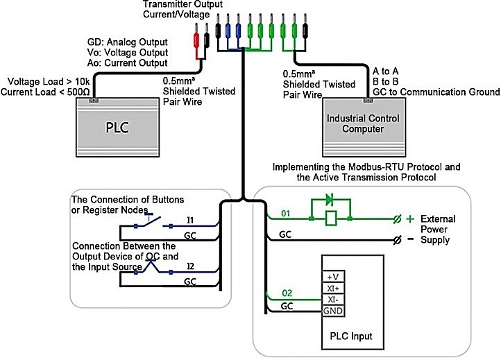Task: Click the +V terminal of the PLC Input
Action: tap(331, 277)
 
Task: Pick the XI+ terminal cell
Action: tap(331, 288)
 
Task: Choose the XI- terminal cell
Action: tap(331, 299)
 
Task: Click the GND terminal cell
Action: tap(331, 310)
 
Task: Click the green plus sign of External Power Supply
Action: tap(409, 218)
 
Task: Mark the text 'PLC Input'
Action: tap(350, 336)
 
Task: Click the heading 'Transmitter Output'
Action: tap(176, 5)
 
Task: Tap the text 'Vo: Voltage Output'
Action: tap(127, 52)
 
